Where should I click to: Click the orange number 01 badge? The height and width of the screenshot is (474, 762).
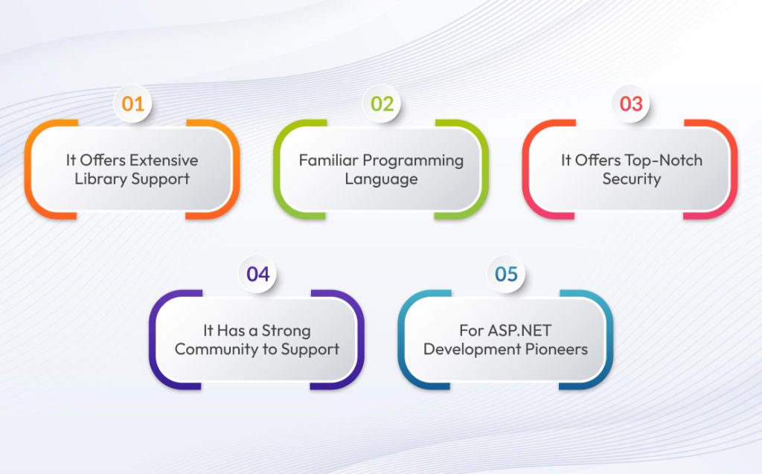[x=132, y=103]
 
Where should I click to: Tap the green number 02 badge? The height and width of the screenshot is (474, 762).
[x=382, y=103]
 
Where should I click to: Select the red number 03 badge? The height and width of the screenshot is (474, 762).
[x=631, y=103]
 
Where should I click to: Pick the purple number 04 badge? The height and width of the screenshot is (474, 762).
[x=257, y=274]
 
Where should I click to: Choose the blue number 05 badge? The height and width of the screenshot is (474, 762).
[x=506, y=274]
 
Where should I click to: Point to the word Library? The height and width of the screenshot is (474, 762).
[x=101, y=179]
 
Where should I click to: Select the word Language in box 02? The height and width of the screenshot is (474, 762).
[x=381, y=179]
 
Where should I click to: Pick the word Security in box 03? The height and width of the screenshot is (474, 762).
[x=630, y=179]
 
